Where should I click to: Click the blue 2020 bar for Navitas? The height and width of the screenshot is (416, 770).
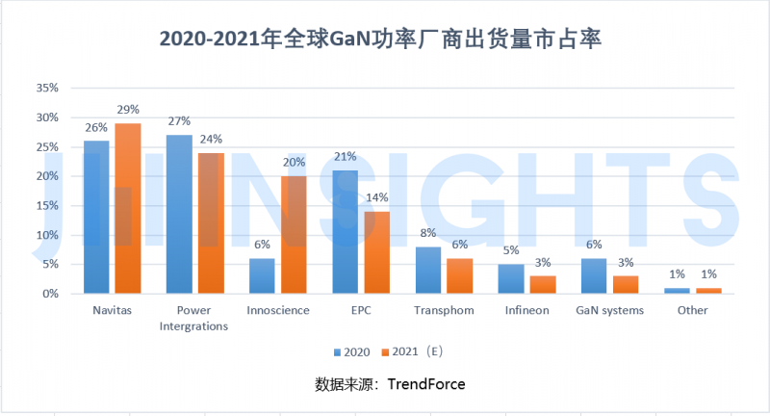96,217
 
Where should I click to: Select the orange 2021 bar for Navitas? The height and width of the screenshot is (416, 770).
127,208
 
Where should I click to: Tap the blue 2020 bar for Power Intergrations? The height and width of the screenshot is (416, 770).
179,214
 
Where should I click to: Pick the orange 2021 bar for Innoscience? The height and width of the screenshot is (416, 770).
293,234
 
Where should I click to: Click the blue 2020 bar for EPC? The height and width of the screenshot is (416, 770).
345,231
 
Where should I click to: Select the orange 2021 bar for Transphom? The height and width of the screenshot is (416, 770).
459,275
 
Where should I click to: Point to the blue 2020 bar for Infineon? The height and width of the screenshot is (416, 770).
511,278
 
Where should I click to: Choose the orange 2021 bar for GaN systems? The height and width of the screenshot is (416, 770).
626,284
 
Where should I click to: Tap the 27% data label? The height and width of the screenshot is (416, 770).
179,121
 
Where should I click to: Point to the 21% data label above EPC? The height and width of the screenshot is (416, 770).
345,156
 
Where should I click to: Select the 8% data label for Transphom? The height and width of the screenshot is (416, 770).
428,233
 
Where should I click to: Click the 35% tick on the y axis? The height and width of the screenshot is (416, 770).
47,88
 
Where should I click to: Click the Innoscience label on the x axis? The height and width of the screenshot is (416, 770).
277,310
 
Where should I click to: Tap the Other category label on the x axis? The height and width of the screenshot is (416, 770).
692,310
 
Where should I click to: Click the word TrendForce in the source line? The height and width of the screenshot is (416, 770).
426,384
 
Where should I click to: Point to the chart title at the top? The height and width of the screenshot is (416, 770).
385,39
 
